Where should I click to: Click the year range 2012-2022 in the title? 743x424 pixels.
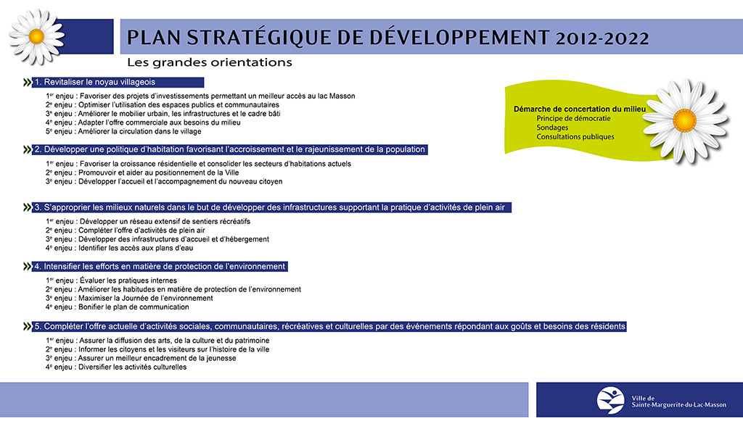pyautogui.click(x=602, y=38)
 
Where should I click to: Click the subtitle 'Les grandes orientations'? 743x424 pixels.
pyautogui.click(x=210, y=62)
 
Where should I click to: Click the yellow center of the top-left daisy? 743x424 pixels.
pyautogui.click(x=36, y=36)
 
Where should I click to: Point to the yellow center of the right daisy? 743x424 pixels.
pyautogui.click(x=685, y=120)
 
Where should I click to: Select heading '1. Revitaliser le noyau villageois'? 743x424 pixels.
pyautogui.click(x=95, y=82)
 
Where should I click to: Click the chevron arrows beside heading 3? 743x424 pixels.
pyautogui.click(x=27, y=207)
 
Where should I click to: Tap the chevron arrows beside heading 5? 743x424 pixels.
pyautogui.click(x=27, y=327)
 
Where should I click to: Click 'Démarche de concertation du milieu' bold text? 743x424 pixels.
pyautogui.click(x=580, y=109)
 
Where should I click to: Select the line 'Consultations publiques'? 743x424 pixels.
pyautogui.click(x=575, y=137)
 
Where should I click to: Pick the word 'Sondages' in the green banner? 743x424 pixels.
pyautogui.click(x=552, y=128)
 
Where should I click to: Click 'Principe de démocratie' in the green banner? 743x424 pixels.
pyautogui.click(x=573, y=118)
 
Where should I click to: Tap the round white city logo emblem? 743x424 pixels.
pyautogui.click(x=610, y=400)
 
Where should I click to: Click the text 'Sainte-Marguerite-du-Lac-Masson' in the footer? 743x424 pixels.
pyautogui.click(x=678, y=405)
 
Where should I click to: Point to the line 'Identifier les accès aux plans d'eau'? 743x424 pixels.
pyautogui.click(x=120, y=248)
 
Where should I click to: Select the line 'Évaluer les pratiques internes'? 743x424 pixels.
pyautogui.click(x=111, y=280)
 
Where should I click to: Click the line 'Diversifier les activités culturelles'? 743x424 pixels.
pyautogui.click(x=116, y=367)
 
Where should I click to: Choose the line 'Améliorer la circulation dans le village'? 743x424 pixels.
pyautogui.click(x=123, y=132)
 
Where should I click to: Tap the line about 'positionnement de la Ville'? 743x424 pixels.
pyautogui.click(x=142, y=172)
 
